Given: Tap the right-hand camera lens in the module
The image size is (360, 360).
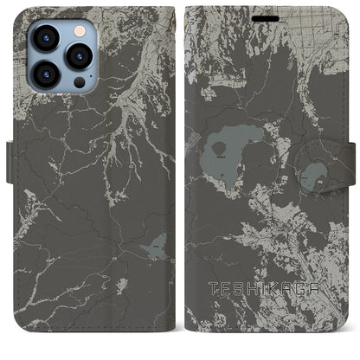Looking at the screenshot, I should [x=80, y=56].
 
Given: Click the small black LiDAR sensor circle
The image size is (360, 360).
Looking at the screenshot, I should [x=79, y=83].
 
